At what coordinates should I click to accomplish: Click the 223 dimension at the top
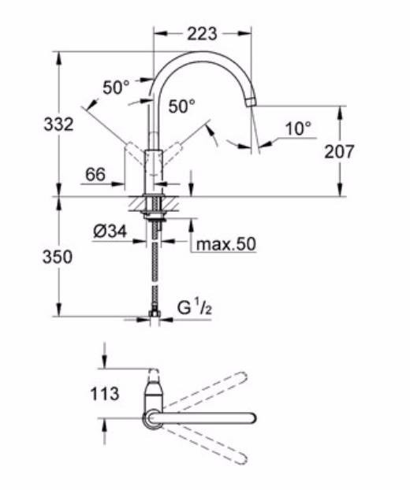tap(202, 34)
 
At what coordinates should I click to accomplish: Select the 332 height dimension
tap(58, 124)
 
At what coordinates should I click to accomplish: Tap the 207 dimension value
tap(340, 151)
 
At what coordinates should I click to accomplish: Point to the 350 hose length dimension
tap(58, 257)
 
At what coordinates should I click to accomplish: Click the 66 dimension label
tap(95, 175)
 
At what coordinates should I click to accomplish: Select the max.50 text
tap(226, 245)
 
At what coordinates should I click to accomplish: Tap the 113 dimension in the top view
tap(104, 392)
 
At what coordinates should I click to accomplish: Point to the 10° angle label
tap(298, 127)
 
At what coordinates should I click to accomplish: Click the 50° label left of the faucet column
tap(116, 87)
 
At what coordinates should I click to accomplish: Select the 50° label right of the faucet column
tap(181, 105)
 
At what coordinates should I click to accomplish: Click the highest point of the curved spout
tap(202, 55)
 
